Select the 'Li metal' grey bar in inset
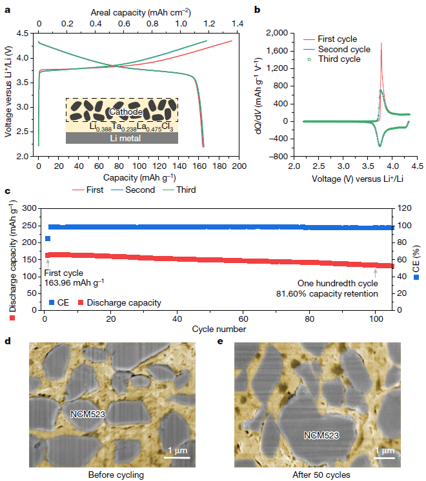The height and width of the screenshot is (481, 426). coord(122,138)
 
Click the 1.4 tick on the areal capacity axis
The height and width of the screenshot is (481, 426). coord(237,24)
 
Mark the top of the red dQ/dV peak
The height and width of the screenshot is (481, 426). coord(381,43)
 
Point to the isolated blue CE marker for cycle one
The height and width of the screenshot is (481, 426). coord(48,239)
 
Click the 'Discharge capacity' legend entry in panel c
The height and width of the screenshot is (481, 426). coord(119,302)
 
